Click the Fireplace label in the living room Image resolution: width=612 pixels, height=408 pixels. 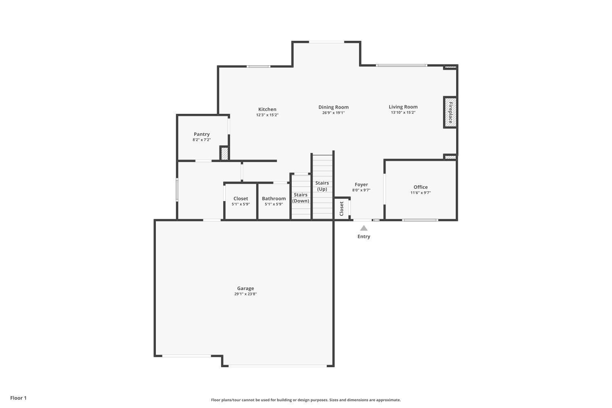pyautogui.click(x=450, y=112)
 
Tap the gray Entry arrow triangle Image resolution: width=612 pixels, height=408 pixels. pyautogui.click(x=364, y=228)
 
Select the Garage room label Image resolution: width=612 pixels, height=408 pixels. pyautogui.click(x=245, y=288)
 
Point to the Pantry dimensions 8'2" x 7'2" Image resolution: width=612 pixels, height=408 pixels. pyautogui.click(x=202, y=140)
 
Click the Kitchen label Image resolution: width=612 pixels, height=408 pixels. pyautogui.click(x=267, y=109)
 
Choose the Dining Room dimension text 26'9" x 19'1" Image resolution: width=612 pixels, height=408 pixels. pyautogui.click(x=333, y=113)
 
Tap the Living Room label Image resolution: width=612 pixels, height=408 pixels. pyautogui.click(x=403, y=107)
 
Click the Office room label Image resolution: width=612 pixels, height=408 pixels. pyautogui.click(x=421, y=187)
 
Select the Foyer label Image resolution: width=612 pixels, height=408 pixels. pyautogui.click(x=361, y=185)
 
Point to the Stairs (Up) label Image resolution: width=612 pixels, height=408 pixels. pyautogui.click(x=322, y=186)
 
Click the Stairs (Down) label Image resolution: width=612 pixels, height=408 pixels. pyautogui.click(x=301, y=198)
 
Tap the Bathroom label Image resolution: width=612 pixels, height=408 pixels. pyautogui.click(x=274, y=199)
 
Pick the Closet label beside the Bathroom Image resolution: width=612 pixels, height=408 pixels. pyautogui.click(x=241, y=199)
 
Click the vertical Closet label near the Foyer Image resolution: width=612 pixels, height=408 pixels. pyautogui.click(x=341, y=209)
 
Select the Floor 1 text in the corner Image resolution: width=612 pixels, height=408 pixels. pyautogui.click(x=18, y=398)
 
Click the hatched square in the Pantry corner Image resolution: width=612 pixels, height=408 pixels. pyautogui.click(x=224, y=153)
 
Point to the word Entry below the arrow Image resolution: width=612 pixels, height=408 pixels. pyautogui.click(x=364, y=237)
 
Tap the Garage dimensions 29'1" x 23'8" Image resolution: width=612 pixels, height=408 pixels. pyautogui.click(x=245, y=294)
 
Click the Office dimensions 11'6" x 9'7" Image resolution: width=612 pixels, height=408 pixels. pyautogui.click(x=421, y=193)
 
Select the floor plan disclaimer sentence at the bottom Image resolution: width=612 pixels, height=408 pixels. pyautogui.click(x=306, y=400)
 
